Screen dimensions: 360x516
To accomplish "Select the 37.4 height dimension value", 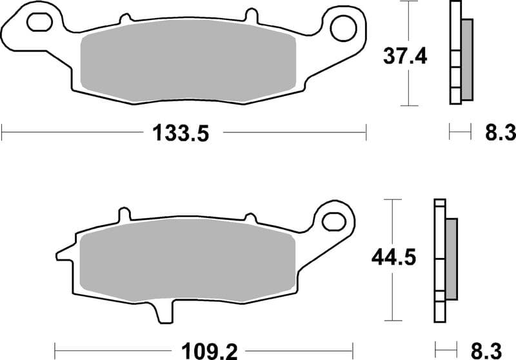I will [x=406, y=56].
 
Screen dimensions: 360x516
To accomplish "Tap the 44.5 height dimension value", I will [x=392, y=257].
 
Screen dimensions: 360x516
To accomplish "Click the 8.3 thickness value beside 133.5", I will [x=499, y=134].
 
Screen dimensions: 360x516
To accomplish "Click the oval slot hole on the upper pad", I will [x=39, y=23].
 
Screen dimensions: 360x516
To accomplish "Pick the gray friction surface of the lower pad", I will [x=187, y=263].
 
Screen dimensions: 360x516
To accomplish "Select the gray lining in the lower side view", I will [x=451, y=259].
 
